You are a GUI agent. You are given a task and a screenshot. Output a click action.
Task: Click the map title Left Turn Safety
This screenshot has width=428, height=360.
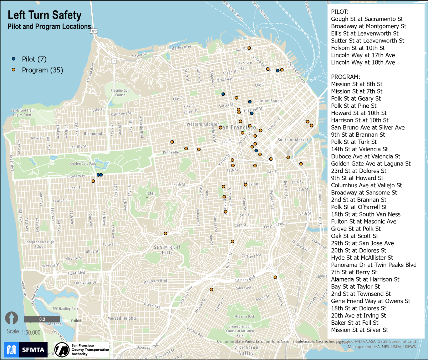pyautogui.click(x=45, y=15)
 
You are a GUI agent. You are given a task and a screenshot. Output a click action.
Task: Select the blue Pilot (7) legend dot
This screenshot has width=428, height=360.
pyautogui.click(x=14, y=59)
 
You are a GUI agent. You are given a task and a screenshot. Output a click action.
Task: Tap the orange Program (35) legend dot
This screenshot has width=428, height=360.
pyautogui.click(x=14, y=70)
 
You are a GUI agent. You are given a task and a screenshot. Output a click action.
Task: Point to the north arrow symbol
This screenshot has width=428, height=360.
pyautogui.click(x=11, y=318)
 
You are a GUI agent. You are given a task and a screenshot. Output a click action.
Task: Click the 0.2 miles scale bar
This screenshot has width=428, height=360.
pyautogui.click(x=42, y=319)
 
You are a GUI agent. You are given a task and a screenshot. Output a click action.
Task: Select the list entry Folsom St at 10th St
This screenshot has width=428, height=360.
pyautogui.click(x=358, y=48)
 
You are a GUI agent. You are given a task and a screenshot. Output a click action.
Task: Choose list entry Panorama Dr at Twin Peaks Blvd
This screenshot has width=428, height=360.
pyautogui.click(x=373, y=265)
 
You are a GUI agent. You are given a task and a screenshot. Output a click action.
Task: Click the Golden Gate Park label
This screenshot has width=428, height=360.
pyautogui.click(x=83, y=163)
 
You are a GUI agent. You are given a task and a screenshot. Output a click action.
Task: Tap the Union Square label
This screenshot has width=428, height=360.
pyautogui.click(x=271, y=101)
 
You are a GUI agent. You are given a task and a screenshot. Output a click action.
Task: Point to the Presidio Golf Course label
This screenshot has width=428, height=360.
pyautogui.click(x=120, y=93)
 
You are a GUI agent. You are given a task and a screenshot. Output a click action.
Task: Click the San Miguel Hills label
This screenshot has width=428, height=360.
pyautogui.click(x=167, y=250)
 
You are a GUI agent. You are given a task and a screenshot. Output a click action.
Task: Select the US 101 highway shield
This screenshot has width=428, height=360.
pyautogui.click(x=93, y=31)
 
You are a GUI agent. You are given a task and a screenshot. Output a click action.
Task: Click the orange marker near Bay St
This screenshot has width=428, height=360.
pyautogui.click(x=249, y=48)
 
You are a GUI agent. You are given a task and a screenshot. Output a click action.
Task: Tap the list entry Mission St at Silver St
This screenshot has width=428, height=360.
pyautogui.click(x=360, y=330)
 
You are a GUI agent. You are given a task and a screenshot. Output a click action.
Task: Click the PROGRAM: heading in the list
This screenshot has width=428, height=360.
pyautogui.click(x=345, y=77)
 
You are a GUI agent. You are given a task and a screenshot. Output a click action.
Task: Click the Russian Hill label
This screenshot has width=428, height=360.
pyautogui.click(x=244, y=65)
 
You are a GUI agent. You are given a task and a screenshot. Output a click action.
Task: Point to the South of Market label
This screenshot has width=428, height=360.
pyautogui.click(x=293, y=140)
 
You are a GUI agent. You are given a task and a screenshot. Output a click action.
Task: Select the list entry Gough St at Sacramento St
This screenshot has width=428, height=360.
pyautogui.click(x=367, y=19)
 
